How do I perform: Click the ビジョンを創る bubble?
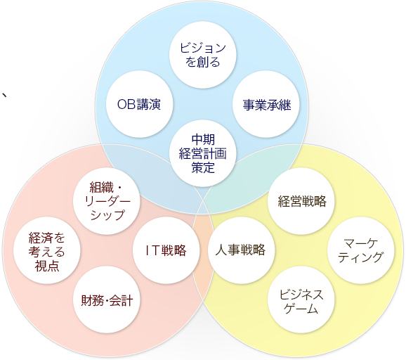coord(203,55)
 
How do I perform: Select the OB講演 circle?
coord(139,104)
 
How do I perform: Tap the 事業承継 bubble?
coord(266,104)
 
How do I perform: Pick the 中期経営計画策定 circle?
coord(203,153)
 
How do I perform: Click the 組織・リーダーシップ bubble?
coord(107,201)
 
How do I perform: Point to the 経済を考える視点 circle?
coord(47,250)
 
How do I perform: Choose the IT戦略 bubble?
coord(166,250)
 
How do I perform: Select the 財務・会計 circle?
coord(107,300)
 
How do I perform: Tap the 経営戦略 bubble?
coord(301,201)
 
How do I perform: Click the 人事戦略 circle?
coord(241,250)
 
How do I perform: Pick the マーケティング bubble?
coord(360,250)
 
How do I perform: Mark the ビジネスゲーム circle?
coord(301,300)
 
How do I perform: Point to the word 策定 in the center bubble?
coord(203,167)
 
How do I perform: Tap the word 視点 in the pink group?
coord(47,266)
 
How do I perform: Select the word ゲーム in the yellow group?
coord(301,308)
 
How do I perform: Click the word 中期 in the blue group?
coord(203,140)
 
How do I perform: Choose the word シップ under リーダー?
coord(107,215)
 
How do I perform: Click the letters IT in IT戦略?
coord(152,250)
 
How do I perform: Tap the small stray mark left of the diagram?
coord(4,95)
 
